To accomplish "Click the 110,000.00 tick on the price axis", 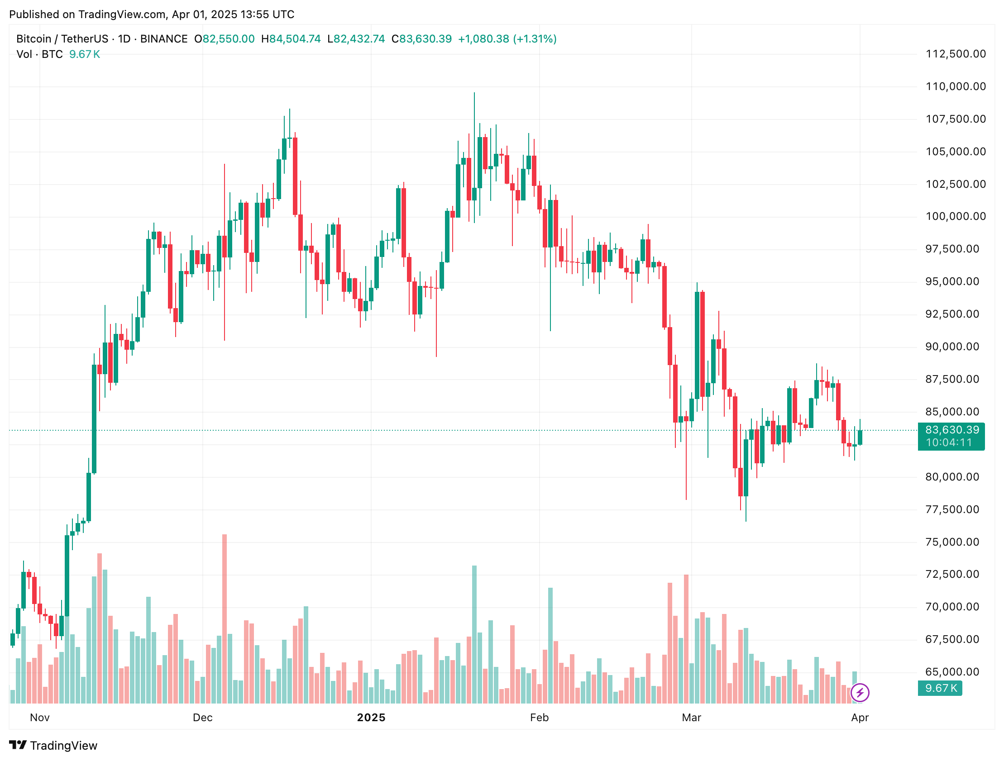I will click(x=956, y=87).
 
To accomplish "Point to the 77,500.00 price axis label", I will click(x=952, y=509).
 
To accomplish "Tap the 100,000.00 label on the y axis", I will click(x=956, y=216).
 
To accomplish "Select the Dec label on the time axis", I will click(x=202, y=718).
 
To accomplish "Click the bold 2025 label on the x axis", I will click(x=371, y=718).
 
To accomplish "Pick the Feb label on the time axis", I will click(x=539, y=718).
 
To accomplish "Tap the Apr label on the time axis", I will click(x=860, y=718).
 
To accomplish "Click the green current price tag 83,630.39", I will click(x=952, y=430).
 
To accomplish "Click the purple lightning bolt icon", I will click(x=860, y=693).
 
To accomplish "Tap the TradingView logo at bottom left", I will click(x=53, y=746).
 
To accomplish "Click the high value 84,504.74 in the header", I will click(x=295, y=39).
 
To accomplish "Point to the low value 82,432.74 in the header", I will click(x=359, y=39).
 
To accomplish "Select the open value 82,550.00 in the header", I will click(x=228, y=39).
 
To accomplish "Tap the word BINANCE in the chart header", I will click(x=164, y=39).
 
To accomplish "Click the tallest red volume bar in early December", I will click(x=224, y=619).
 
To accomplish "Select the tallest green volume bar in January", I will click(x=474, y=634).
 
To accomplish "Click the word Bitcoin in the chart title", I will click(x=33, y=39).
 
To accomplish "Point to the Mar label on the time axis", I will click(x=691, y=718).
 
